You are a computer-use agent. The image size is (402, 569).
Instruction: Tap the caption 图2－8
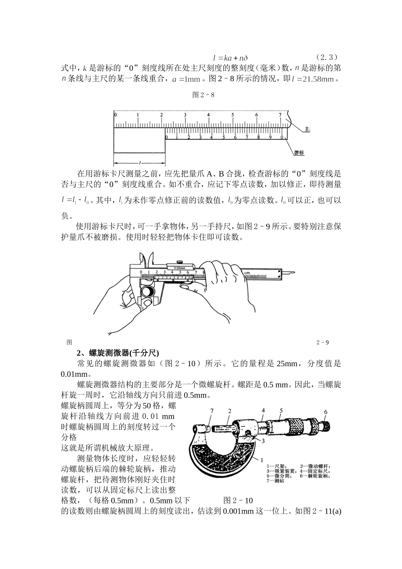click(203, 95)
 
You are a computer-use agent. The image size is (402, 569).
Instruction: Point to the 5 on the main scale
click(232, 115)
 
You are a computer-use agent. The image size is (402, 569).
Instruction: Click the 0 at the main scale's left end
click(115, 115)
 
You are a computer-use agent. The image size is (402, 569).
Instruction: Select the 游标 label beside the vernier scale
click(299, 153)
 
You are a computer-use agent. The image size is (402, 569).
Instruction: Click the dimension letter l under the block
click(139, 163)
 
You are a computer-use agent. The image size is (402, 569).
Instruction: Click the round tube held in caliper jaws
click(149, 292)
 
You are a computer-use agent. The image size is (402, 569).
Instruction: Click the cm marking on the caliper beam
click(247, 273)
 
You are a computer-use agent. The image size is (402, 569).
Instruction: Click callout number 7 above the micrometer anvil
click(212, 411)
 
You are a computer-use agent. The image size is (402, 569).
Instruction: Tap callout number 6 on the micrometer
click(325, 412)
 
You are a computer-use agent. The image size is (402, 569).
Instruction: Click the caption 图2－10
click(238, 501)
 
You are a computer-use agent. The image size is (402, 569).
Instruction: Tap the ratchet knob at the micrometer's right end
click(326, 425)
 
